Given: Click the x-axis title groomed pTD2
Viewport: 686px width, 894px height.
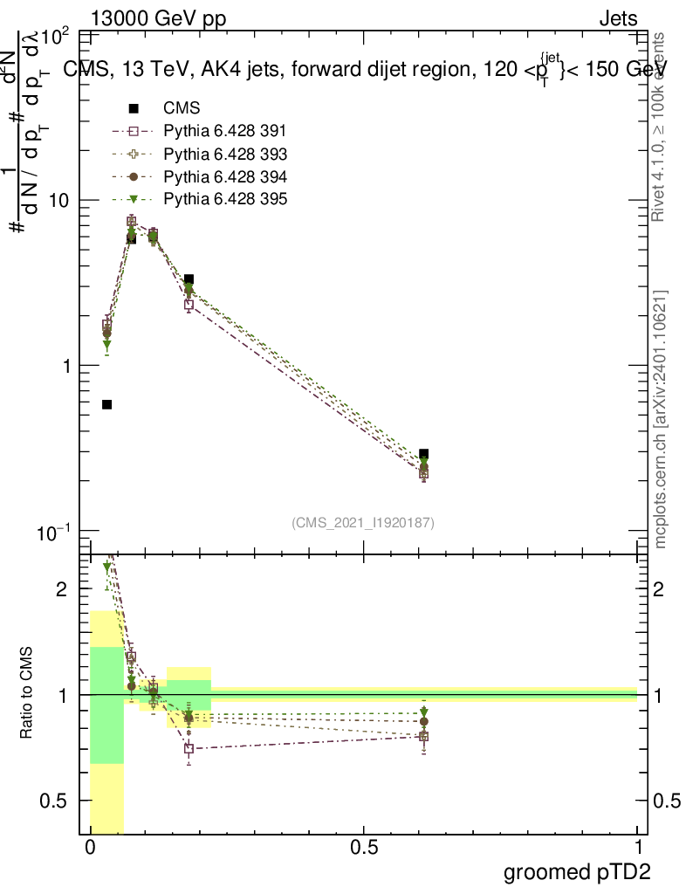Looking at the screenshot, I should [x=577, y=871].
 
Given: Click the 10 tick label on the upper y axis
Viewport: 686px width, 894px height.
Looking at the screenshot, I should [x=56, y=201].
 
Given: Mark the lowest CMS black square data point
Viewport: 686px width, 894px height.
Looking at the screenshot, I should [x=106, y=404].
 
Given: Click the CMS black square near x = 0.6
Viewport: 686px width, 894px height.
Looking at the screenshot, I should [x=423, y=454].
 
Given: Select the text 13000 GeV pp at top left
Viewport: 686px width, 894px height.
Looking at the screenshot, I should [x=158, y=17].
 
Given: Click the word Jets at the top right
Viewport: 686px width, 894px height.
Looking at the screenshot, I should [x=618, y=17].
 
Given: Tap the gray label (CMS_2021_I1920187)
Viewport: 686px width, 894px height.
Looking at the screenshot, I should [x=363, y=522].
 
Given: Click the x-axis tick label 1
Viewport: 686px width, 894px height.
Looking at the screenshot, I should [x=637, y=848].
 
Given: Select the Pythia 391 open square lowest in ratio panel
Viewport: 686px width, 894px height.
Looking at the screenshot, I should [x=189, y=748].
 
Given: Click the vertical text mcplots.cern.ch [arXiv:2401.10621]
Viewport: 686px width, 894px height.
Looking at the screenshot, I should [x=662, y=419].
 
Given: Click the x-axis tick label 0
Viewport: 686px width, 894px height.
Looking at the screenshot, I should [x=90, y=848].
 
